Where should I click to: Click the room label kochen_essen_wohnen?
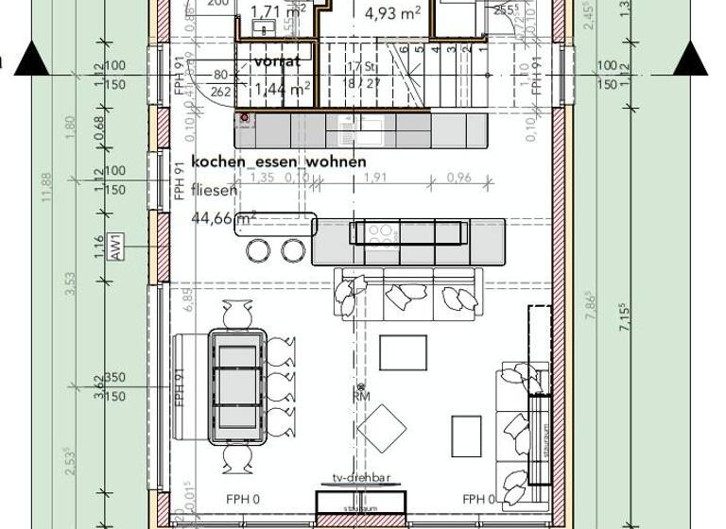pos(279,162)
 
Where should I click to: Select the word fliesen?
pos(215,190)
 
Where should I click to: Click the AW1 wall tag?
pos(114,247)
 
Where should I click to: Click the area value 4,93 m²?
pos(392,13)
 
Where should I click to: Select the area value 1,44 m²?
pos(281,90)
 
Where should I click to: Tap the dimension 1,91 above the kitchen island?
pos(375,177)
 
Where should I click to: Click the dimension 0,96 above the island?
pos(458,177)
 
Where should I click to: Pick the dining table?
pos(237,385)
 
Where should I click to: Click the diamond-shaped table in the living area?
pos(382,428)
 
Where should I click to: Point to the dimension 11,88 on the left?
pos(45,193)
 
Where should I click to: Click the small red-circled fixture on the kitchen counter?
pos(245,118)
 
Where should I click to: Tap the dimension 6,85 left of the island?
pos(188,299)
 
